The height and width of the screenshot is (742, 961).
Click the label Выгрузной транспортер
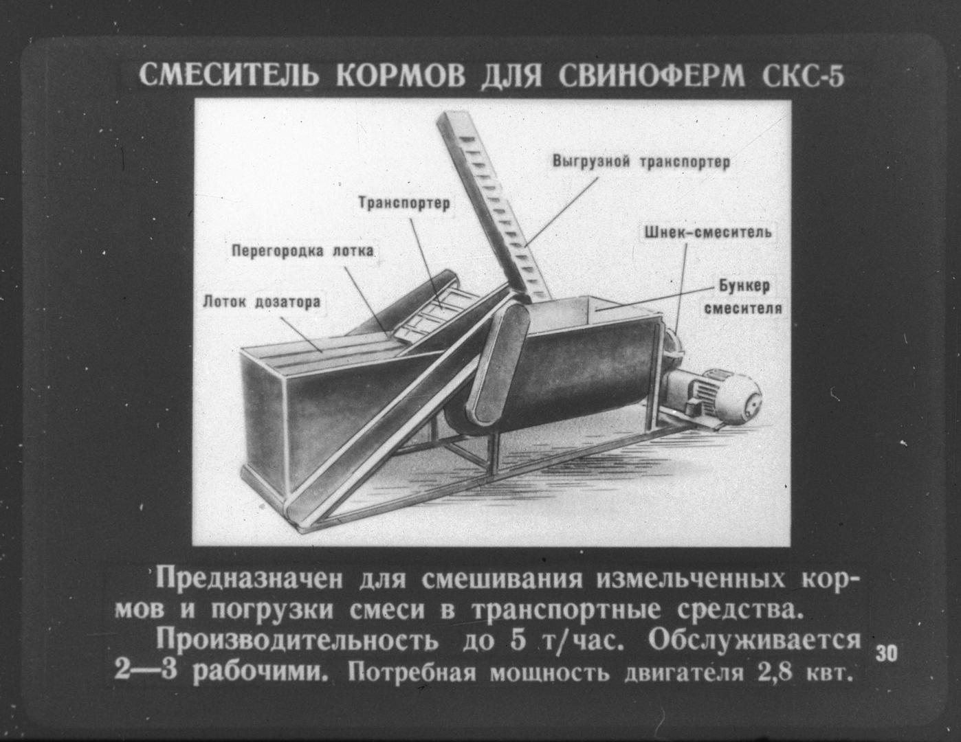(641, 162)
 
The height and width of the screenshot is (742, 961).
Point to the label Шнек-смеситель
(707, 232)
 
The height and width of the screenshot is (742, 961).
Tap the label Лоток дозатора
(262, 302)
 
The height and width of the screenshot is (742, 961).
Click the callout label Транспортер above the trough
(404, 203)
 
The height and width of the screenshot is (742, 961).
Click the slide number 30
(886, 653)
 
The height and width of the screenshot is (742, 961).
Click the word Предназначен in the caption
(249, 579)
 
